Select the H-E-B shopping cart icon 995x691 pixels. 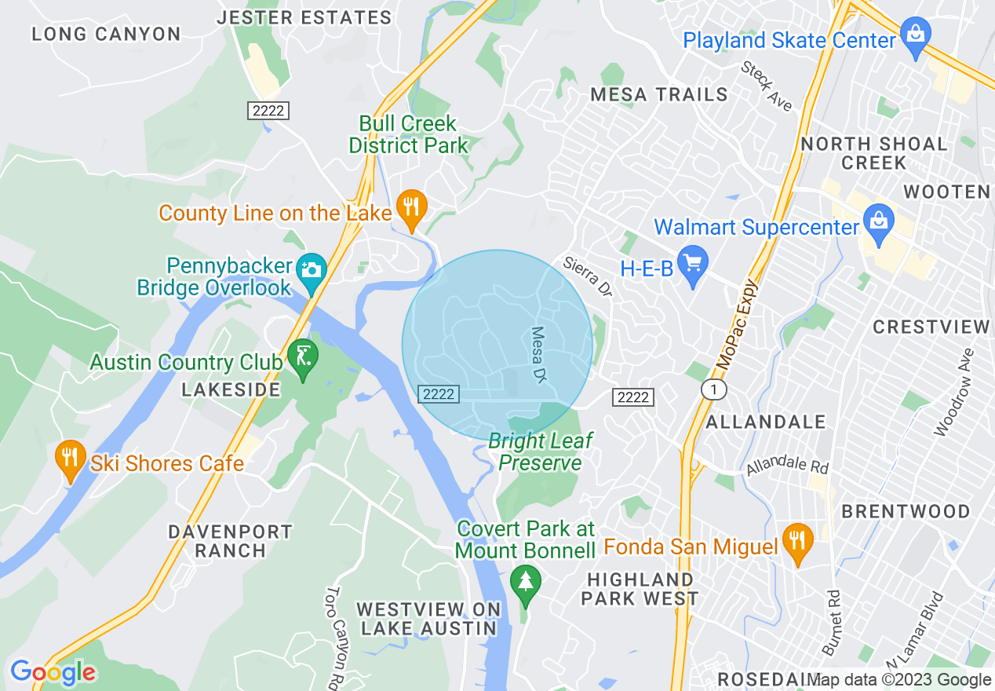[x=693, y=263]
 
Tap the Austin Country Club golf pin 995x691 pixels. [x=304, y=357]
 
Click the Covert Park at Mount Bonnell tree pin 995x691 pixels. [x=525, y=583]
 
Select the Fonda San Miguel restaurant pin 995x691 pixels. [x=797, y=541]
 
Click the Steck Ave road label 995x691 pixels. [x=767, y=86]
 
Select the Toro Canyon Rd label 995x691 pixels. [x=335, y=636]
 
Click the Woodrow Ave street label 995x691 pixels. [x=955, y=393]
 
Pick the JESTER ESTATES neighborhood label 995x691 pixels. [x=304, y=17]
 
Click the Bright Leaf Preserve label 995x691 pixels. [x=541, y=452]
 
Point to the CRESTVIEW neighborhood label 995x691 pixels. [x=931, y=327]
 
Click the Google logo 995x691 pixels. [x=53, y=672]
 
